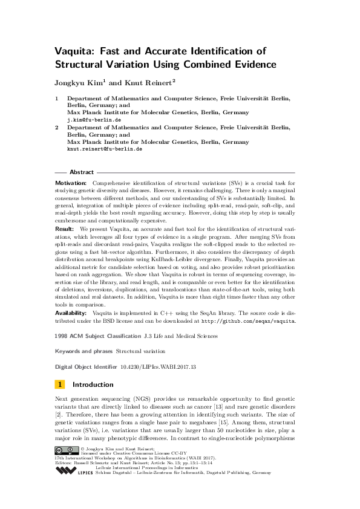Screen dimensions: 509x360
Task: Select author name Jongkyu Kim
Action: click(80, 82)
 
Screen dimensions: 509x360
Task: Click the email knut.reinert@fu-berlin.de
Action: click(105, 149)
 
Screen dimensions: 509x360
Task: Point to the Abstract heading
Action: click(82, 172)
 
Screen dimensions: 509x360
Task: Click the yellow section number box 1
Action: click(60, 384)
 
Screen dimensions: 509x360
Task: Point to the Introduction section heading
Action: click(93, 384)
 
